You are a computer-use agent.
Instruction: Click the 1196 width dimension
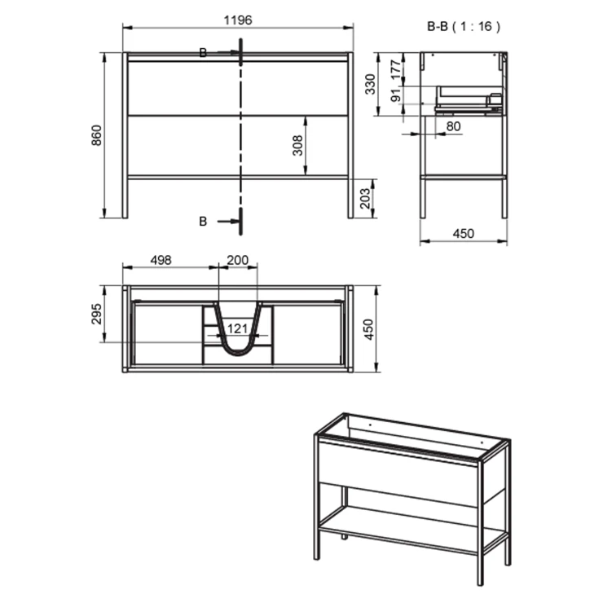point(238,20)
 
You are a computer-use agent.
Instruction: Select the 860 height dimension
point(96,135)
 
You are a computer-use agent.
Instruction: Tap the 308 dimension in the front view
point(297,145)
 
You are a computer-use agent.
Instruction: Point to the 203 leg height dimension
point(365,198)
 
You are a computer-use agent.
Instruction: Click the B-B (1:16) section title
point(464,27)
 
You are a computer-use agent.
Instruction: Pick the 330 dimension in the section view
point(370,84)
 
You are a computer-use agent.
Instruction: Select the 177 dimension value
point(396,69)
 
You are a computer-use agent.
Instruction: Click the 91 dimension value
point(396,95)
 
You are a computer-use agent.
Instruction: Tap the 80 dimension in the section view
point(453,126)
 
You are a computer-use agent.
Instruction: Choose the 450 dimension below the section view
point(464,233)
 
